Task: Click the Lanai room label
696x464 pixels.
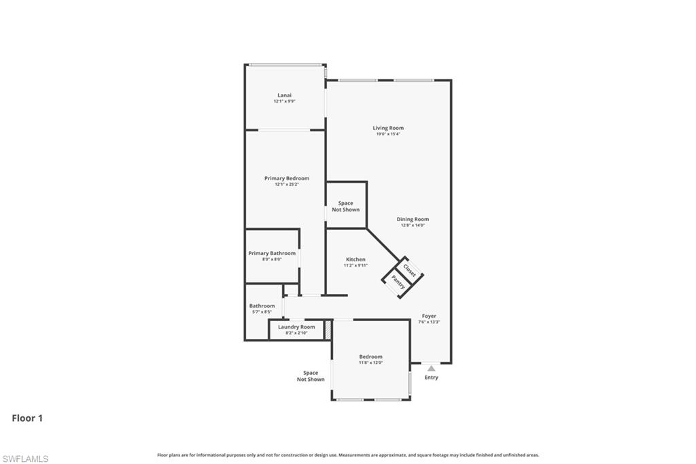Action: point(284,95)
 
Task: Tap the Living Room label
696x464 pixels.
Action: point(388,128)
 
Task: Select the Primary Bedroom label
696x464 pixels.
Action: point(286,178)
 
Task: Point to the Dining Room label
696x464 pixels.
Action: point(413,219)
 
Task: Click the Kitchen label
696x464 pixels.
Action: point(355,259)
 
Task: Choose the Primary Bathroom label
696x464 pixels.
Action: point(272,253)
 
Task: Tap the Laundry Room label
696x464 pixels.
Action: point(296,327)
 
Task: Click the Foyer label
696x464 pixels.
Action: point(429,316)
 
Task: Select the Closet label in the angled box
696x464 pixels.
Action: point(410,269)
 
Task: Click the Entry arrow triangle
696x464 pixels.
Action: point(431,368)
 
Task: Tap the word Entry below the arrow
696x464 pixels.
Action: point(431,378)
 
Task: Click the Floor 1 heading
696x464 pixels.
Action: point(27,418)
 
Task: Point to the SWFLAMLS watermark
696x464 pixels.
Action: point(25,459)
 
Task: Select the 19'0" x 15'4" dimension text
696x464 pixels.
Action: point(388,134)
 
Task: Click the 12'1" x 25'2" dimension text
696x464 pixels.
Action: point(286,184)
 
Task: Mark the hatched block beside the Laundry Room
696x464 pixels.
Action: point(327,330)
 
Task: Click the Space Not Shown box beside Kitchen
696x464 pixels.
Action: point(346,206)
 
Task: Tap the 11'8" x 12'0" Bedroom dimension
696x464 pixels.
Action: point(370,363)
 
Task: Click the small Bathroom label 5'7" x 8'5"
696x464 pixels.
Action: point(262,309)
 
